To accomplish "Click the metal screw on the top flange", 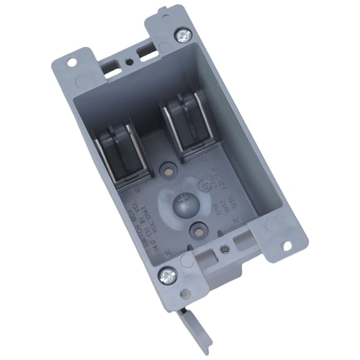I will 183,35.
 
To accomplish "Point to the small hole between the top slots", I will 127,62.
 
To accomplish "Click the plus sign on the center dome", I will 184,202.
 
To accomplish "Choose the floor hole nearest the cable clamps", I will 167,169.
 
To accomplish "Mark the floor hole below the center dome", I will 199,229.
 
